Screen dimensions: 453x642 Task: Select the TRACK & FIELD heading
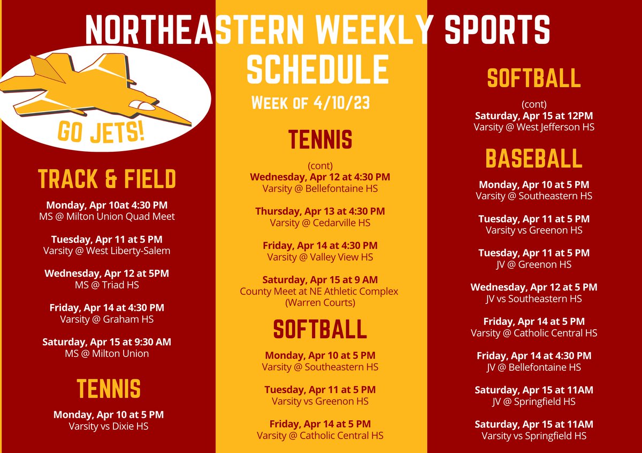[x=107, y=179]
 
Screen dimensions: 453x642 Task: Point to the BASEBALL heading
[x=533, y=159]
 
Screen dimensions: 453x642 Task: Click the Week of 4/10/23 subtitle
[x=310, y=103]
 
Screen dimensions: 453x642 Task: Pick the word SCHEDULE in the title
[x=318, y=69]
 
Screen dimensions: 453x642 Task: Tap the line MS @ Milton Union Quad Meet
[x=107, y=216]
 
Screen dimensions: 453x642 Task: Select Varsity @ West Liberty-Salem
[x=107, y=251]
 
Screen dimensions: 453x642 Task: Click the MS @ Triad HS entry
[x=107, y=285]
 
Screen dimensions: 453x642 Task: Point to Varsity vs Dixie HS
[x=109, y=426]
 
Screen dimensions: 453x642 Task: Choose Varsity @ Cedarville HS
[x=320, y=223]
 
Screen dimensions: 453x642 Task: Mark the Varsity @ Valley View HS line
[x=320, y=257]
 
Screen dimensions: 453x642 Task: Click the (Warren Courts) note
[x=320, y=302]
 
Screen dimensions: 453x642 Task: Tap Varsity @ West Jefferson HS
[x=534, y=127]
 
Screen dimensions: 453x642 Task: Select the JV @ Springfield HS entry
[x=534, y=401]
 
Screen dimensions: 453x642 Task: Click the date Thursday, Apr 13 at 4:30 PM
[x=320, y=212]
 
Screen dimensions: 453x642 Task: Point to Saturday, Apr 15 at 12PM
[x=534, y=116]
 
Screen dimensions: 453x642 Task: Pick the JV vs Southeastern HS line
[x=534, y=299]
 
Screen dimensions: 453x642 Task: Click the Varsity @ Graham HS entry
[x=107, y=319]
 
